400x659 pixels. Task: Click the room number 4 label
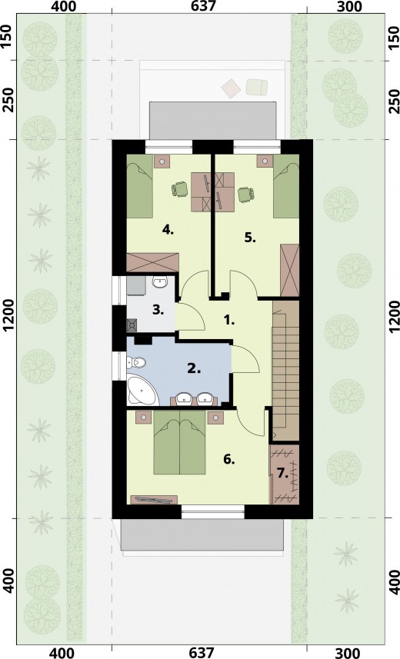168,230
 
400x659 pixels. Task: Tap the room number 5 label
250,238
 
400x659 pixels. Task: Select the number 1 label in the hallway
229,321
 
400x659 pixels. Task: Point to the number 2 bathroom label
194,369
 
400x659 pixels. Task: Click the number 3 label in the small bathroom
158,311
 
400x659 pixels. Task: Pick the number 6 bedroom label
228,459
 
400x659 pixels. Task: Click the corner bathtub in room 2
141,391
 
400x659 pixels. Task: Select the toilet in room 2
136,363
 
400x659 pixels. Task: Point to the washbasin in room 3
159,282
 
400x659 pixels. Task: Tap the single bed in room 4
140,191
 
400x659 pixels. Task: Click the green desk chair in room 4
180,189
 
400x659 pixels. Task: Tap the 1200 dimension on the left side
10,323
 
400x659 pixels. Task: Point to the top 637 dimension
203,6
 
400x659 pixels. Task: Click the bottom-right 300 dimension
348,653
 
